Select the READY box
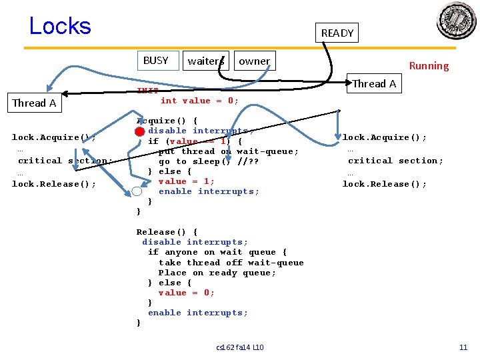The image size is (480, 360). click(337, 33)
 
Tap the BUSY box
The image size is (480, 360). click(156, 61)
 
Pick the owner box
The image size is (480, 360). click(254, 61)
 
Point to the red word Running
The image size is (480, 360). click(429, 65)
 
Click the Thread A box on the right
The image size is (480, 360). click(374, 83)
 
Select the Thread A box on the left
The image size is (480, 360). click(34, 103)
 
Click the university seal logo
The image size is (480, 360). click(456, 21)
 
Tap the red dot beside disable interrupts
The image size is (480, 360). click(139, 131)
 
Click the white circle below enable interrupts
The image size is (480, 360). click(137, 192)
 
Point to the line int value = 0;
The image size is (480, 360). click(199, 101)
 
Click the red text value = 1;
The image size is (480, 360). click(186, 181)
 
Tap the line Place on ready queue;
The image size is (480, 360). click(217, 273)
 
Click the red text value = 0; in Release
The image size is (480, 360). click(186, 293)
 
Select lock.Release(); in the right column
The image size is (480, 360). click(384, 184)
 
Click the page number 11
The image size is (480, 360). click(463, 347)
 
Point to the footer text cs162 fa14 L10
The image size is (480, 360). click(240, 347)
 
